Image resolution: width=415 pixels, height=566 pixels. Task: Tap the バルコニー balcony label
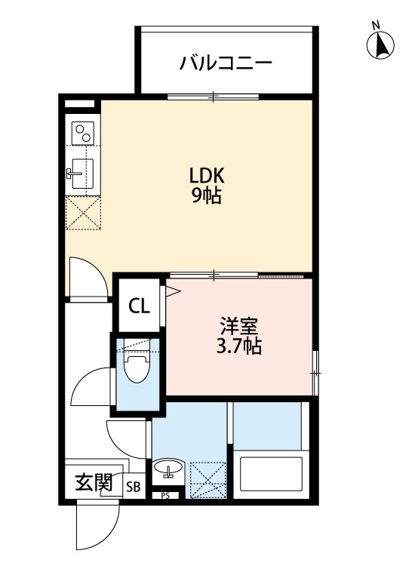(x=225, y=63)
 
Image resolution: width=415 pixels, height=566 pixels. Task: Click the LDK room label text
(x=206, y=176)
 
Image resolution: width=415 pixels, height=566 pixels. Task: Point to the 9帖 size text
(x=206, y=197)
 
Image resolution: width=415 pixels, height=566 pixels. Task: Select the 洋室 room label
(x=239, y=327)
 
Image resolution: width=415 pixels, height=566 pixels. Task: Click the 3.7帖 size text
(x=239, y=347)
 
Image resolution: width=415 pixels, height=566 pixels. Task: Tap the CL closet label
(x=139, y=306)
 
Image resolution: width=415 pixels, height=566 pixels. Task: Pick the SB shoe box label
(x=133, y=487)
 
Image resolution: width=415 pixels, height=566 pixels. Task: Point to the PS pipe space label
(x=165, y=496)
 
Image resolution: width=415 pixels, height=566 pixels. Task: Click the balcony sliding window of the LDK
(x=213, y=97)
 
